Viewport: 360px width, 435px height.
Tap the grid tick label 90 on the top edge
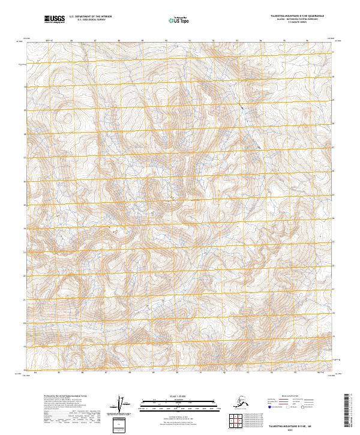point(166,41)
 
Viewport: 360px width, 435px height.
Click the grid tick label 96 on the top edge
point(307,41)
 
